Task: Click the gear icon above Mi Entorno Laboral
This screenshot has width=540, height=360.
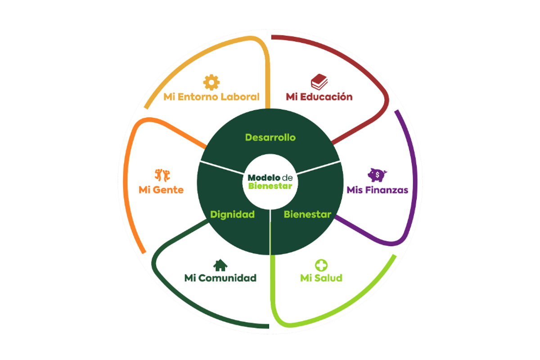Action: click(x=211, y=82)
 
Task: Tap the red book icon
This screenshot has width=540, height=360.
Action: click(x=319, y=82)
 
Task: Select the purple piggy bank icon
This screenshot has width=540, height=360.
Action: click(x=377, y=174)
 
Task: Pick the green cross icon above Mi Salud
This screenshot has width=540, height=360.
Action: click(x=321, y=265)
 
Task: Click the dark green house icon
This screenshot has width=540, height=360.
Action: click(x=220, y=265)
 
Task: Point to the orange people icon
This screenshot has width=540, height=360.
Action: click(x=162, y=175)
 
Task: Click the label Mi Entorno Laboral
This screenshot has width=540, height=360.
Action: click(x=211, y=97)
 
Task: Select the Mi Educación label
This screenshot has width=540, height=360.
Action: click(x=319, y=97)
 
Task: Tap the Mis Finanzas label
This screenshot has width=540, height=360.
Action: click(x=377, y=190)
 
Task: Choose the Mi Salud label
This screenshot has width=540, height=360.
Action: click(x=321, y=278)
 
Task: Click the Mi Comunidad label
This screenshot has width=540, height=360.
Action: click(x=220, y=278)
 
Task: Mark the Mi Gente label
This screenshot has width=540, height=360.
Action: click(x=161, y=190)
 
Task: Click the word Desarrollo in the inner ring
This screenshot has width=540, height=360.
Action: click(x=270, y=138)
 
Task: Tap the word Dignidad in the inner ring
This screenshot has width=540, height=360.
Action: click(x=232, y=215)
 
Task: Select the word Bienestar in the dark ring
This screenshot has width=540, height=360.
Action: click(x=307, y=215)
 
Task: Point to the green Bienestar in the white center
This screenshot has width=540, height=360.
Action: click(x=270, y=186)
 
